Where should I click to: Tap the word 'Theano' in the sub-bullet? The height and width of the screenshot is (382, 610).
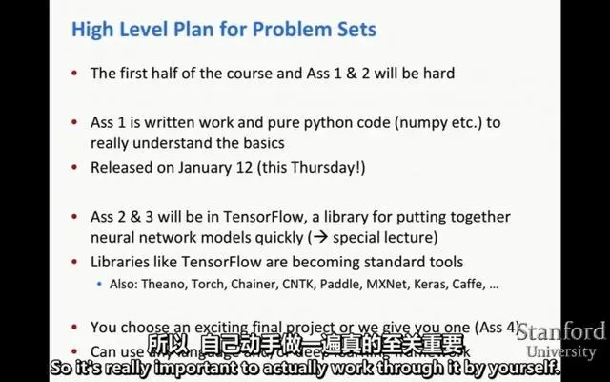click(x=173, y=284)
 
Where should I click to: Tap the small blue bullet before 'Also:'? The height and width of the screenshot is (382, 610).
click(x=97, y=284)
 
